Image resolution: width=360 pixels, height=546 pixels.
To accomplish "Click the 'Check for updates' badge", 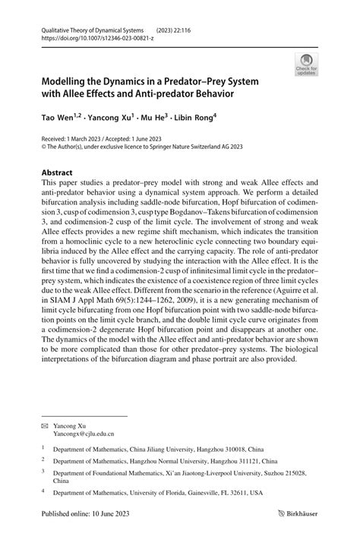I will click(x=307, y=64).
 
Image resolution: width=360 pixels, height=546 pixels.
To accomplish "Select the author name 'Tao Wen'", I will click(x=56, y=118).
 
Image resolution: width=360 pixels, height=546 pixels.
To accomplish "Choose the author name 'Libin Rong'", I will click(x=197, y=118).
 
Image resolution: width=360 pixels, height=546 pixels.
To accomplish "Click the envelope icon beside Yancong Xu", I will click(x=44, y=427).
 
